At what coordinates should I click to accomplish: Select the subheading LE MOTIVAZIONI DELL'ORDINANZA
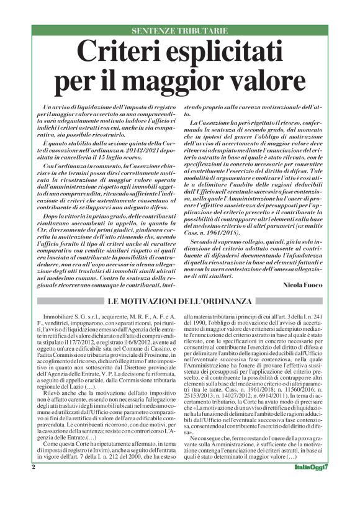click(179, 301)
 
